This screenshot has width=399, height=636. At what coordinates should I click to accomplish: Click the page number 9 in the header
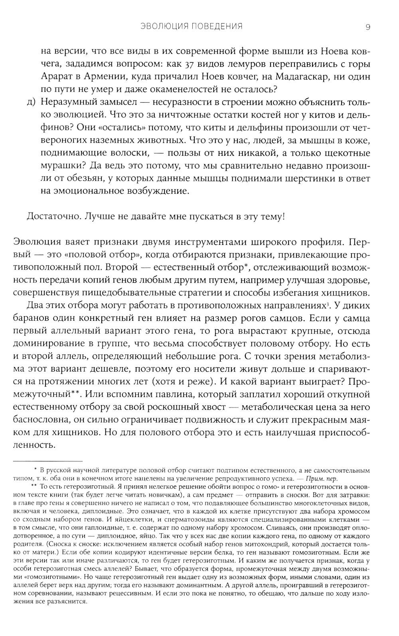pos(368,27)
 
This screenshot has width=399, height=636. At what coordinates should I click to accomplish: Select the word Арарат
pos(57,77)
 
